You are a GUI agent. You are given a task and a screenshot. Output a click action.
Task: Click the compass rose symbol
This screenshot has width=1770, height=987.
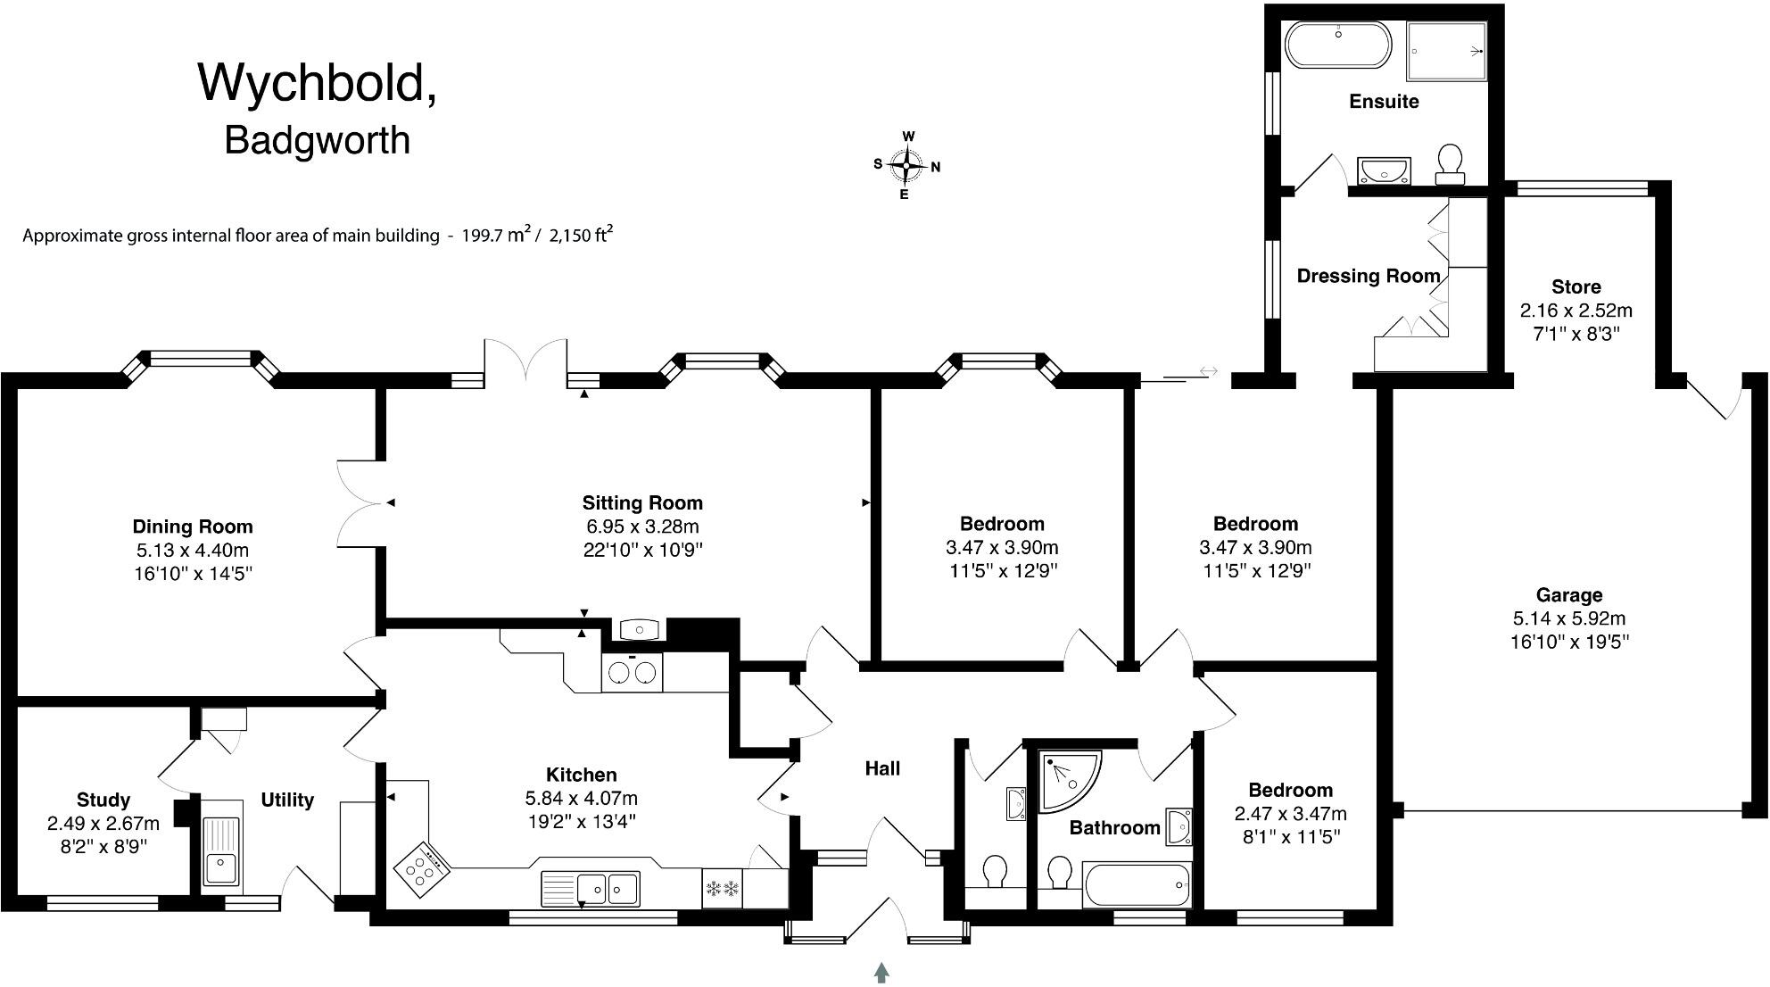[x=907, y=165]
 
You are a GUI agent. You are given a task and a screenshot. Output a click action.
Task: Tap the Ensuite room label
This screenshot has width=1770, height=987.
[x=1384, y=102]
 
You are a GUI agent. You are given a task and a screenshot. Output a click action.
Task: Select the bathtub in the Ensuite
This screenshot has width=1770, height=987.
[x=1336, y=44]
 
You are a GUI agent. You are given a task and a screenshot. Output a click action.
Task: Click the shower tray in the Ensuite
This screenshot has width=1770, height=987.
[x=1447, y=51]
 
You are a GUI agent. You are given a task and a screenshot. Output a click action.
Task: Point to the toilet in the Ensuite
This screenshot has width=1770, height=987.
[x=1450, y=163]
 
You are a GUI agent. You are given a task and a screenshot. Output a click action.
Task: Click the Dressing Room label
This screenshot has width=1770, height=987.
[x=1368, y=276]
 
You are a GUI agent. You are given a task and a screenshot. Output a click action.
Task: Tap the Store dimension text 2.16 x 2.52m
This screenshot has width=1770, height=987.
[x=1576, y=311]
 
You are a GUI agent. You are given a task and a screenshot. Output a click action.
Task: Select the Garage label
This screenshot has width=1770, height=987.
[x=1569, y=595]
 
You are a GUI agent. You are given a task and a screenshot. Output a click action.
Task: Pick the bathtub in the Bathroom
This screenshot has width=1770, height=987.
[x=1137, y=884]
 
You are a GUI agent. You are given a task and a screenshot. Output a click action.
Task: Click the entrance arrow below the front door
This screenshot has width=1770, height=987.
[x=882, y=972]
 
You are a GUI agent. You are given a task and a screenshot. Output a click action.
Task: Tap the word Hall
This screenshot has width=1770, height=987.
[x=882, y=768]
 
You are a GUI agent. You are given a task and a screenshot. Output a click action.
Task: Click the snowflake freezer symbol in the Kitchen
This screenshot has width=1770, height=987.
[x=723, y=889]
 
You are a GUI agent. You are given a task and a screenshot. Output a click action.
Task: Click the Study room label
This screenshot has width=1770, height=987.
[x=103, y=800]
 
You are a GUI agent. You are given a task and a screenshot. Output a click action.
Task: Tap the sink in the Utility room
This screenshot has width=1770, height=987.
[x=219, y=867]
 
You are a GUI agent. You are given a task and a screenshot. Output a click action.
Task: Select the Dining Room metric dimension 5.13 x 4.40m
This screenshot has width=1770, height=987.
[x=193, y=550]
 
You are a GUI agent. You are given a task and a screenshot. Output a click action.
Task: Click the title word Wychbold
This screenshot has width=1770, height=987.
[x=317, y=83]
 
